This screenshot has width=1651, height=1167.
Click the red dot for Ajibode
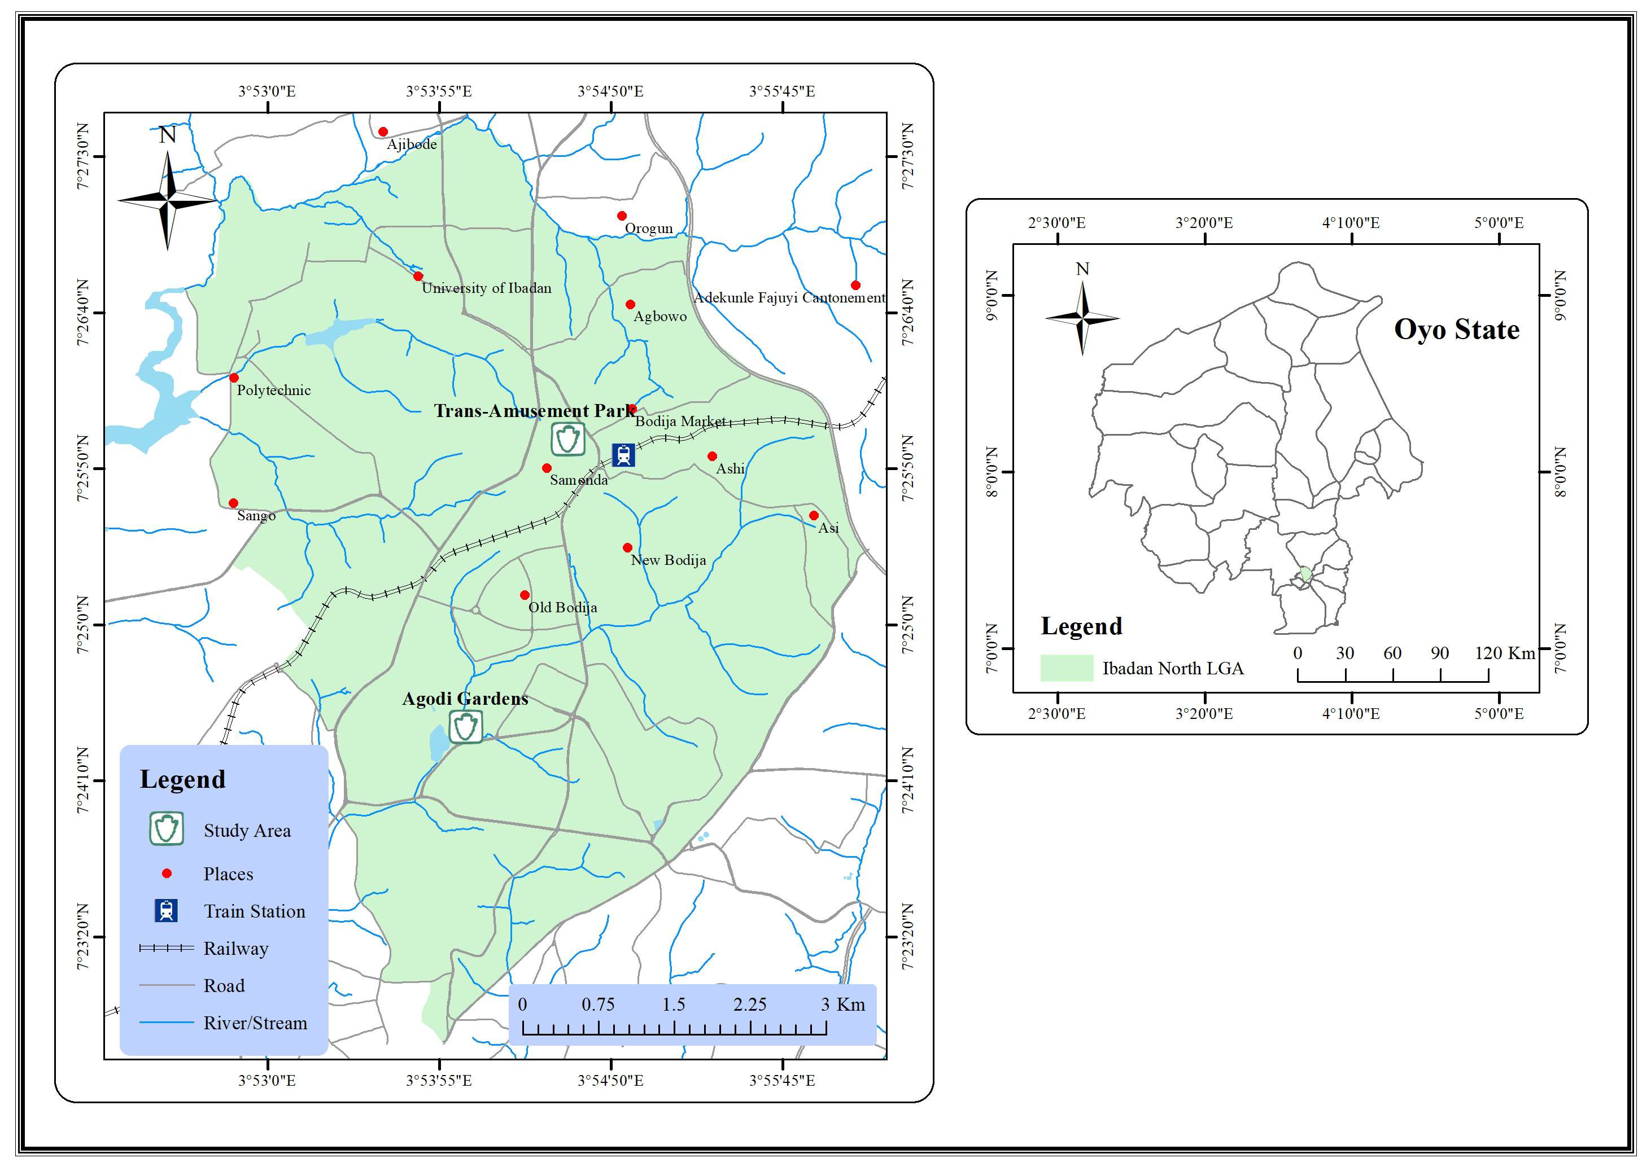pyautogui.click(x=383, y=131)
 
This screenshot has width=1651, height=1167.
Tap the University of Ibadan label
pyautogui.click(x=486, y=288)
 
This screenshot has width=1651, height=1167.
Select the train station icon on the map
pyautogui.click(x=623, y=455)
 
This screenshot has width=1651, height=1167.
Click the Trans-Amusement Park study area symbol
pyautogui.click(x=568, y=439)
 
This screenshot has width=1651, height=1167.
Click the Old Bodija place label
pyautogui.click(x=562, y=607)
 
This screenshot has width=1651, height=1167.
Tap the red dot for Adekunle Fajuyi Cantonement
pyautogui.click(x=855, y=286)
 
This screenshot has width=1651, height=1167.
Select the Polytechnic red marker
pyautogui.click(x=234, y=378)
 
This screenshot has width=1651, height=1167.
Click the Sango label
pyautogui.click(x=256, y=516)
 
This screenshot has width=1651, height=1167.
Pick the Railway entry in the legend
pyautogui.click(x=236, y=949)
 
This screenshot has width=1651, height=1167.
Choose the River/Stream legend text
pyautogui.click(x=255, y=1023)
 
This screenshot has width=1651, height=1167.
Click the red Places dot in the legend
pyautogui.click(x=167, y=874)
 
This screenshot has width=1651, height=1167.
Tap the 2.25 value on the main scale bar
pyautogui.click(x=750, y=1004)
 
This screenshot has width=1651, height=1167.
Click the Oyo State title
pyautogui.click(x=1456, y=330)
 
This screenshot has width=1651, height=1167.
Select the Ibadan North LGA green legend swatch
pyautogui.click(x=1067, y=668)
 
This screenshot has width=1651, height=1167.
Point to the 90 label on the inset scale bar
pyautogui.click(x=1440, y=653)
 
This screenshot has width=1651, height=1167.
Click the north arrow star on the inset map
pyautogui.click(x=1082, y=317)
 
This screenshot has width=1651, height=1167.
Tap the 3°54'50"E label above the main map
pyautogui.click(x=610, y=91)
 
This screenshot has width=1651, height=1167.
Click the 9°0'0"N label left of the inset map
pyautogui.click(x=992, y=295)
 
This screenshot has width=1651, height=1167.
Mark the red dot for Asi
pyautogui.click(x=813, y=515)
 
